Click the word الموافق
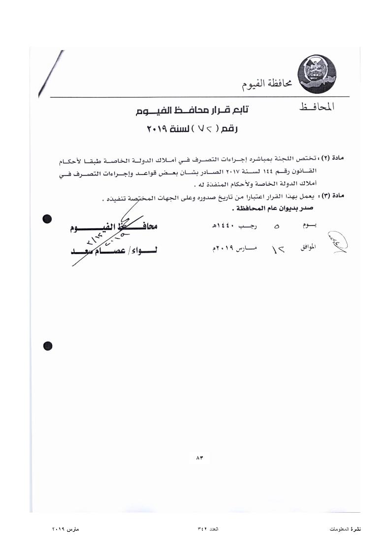pos(308,248)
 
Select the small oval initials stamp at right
pos(338,242)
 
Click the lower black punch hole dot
pos(48,346)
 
